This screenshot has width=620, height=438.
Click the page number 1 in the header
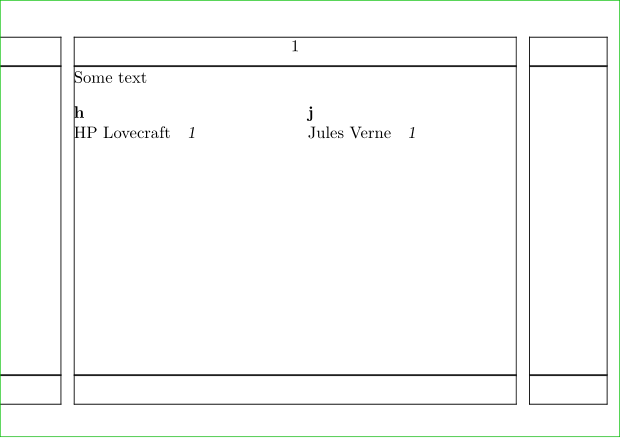pos(295,47)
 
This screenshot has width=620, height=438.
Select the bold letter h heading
pos(79,113)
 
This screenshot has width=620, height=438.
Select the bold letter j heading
pos(310,113)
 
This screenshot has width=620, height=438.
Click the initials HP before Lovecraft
pos(85,133)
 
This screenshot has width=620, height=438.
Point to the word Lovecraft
pos(136,133)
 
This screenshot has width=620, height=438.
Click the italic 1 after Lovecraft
pos(192,133)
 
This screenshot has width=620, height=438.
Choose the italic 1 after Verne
pos(412,133)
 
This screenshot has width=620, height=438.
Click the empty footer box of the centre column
pos(295,390)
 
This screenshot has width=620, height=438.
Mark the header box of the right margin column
pos(568,51)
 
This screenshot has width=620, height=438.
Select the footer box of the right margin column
pos(568,390)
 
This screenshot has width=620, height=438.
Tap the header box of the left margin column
pos(30,51)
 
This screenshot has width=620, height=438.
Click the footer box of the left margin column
pos(30,390)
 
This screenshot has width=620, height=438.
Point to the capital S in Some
pos(78,77)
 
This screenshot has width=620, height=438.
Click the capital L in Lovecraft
pos(108,133)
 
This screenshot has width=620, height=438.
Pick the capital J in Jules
pos(312,133)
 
